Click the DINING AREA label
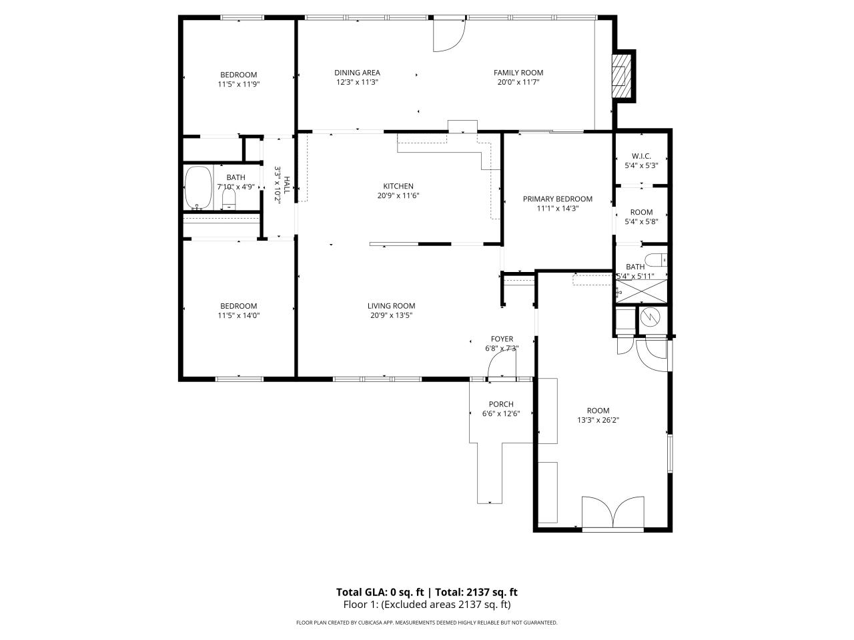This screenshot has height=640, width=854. [357, 73]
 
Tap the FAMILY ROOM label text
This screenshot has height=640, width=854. [518, 73]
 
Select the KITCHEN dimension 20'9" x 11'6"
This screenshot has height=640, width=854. [398, 195]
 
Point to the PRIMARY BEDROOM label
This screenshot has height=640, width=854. [558, 199]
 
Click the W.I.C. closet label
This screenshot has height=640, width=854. [641, 156]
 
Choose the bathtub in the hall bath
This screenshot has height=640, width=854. [198, 188]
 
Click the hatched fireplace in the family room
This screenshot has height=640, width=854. [621, 76]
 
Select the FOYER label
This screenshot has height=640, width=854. [502, 339]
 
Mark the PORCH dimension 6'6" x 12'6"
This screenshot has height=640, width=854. [501, 413]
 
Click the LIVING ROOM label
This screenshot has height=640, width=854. [392, 306]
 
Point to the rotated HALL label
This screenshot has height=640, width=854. [287, 185]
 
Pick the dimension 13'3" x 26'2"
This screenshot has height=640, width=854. [598, 420]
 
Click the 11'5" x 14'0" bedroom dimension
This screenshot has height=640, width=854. [238, 315]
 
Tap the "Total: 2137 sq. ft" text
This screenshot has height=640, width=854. [476, 592]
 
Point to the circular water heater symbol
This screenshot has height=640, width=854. [651, 317]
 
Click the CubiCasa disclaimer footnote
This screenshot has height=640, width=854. [427, 623]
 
